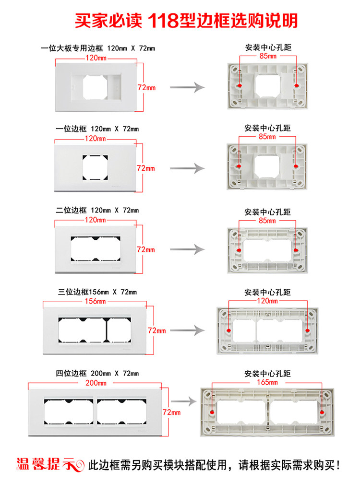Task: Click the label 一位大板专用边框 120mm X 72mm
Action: click(x=98, y=48)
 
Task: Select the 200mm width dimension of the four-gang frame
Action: click(x=96, y=383)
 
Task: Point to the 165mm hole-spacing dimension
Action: click(x=267, y=383)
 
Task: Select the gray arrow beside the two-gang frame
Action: click(x=187, y=249)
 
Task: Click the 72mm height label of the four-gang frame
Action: click(x=171, y=412)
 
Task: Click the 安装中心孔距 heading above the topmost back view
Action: click(x=268, y=47)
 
